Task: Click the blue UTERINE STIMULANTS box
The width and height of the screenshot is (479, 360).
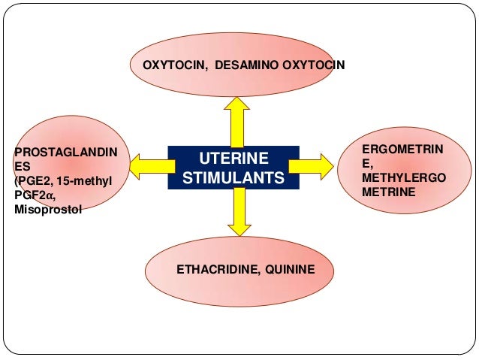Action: point(233,168)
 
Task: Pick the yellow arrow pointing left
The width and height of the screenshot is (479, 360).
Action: point(146,162)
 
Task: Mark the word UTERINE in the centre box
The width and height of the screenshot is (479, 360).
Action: point(233,159)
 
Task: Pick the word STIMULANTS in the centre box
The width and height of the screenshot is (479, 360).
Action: point(233,179)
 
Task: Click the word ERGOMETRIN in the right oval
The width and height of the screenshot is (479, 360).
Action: point(402,152)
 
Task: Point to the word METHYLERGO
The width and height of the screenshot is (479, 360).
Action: point(402,179)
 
